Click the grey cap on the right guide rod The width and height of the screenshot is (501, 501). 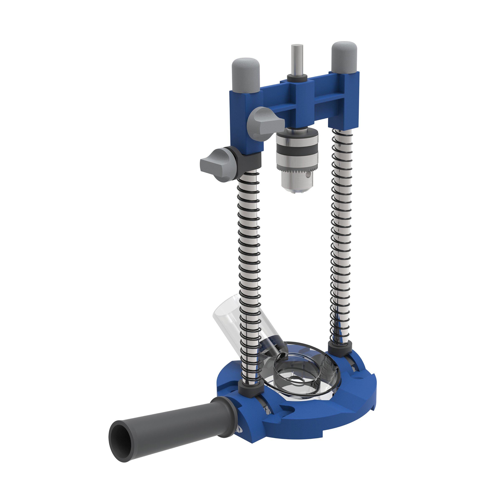tap(345, 57)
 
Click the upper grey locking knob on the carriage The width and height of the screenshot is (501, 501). tap(264, 122)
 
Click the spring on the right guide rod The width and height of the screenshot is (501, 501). tap(341, 233)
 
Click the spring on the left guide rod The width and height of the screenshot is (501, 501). tap(249, 259)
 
